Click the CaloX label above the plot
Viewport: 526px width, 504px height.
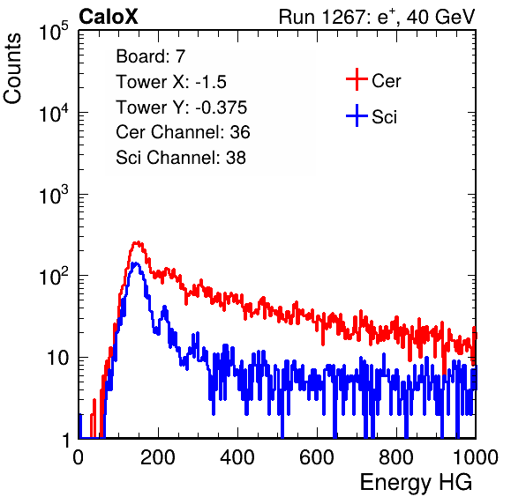click(108, 17)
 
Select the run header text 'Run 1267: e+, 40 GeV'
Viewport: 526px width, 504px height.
click(377, 17)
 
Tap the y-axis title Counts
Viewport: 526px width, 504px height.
click(12, 69)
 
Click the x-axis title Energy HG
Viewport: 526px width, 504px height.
click(416, 483)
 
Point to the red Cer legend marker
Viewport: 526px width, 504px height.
click(357, 79)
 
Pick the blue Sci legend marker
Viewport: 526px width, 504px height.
click(357, 115)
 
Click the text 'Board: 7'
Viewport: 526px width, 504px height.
click(151, 56)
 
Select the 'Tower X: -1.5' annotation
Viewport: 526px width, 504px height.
click(171, 82)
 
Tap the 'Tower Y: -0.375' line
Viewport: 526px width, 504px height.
click(182, 107)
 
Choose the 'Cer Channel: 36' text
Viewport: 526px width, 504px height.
click(183, 132)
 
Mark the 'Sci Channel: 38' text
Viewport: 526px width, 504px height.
click(181, 158)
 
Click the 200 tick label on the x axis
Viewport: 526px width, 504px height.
click(158, 457)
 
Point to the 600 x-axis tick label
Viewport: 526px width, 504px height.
click(317, 457)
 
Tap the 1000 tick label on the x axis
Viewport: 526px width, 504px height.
click(476, 457)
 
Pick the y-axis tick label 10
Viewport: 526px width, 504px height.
click(57, 358)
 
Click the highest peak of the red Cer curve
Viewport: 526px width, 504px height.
click(137, 242)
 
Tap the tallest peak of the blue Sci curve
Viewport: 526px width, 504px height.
click(135, 263)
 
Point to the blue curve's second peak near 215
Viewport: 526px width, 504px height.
click(164, 307)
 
